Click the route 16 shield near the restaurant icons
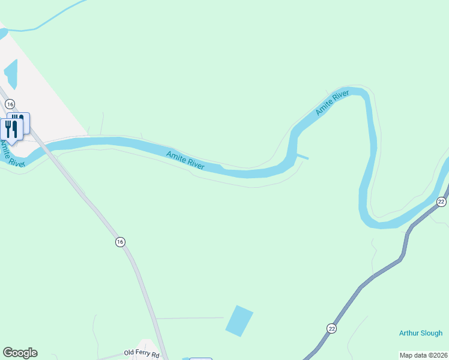10,104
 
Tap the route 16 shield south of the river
120,242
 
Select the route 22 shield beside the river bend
441,202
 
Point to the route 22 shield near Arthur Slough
331,328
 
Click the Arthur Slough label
421,334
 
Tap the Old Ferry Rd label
142,353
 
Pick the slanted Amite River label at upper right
333,103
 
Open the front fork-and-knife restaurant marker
11,128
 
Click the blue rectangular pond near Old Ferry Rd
239,320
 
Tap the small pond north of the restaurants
11,74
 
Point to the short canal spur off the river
303,157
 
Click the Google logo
20,353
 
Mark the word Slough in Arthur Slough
432,334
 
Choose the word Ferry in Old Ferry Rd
143,353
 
